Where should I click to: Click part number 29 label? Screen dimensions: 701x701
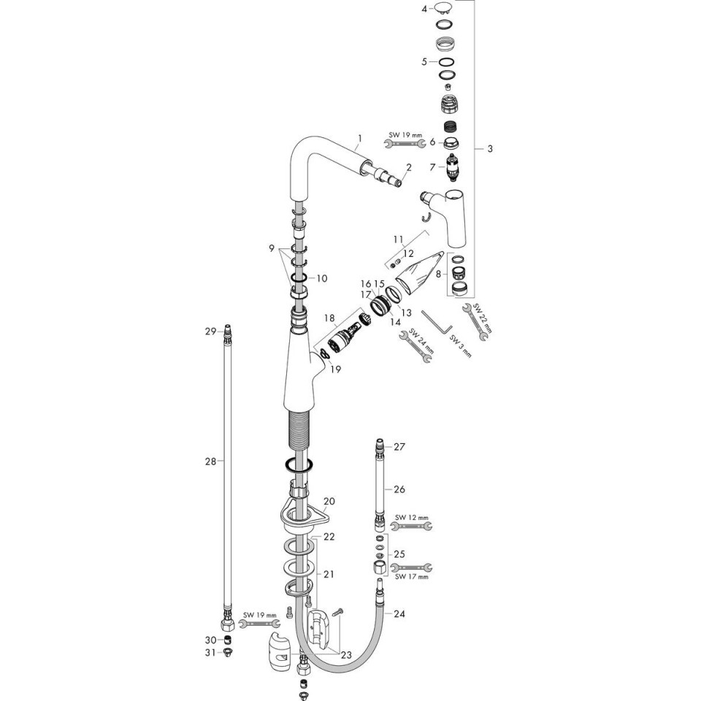click(x=210, y=332)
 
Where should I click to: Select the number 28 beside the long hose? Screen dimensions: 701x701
click(x=210, y=461)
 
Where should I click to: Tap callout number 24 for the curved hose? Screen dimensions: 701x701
click(x=399, y=614)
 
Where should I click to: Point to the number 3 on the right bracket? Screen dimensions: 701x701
click(x=490, y=148)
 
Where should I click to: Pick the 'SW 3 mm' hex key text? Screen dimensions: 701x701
click(x=461, y=345)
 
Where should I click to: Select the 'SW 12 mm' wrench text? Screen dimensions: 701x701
click(x=412, y=517)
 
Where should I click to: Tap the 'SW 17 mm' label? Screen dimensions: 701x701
click(x=412, y=577)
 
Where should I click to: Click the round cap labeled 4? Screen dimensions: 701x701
click(x=444, y=7)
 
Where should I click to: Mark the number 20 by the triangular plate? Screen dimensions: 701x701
click(x=329, y=501)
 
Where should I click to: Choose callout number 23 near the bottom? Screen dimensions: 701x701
click(x=346, y=656)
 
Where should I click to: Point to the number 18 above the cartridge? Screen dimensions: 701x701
click(x=329, y=318)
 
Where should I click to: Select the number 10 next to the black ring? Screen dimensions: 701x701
click(x=322, y=278)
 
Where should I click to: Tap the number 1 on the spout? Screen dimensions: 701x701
click(x=360, y=139)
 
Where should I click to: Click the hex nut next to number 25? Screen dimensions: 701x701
click(x=380, y=567)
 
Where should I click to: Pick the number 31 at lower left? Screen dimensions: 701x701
click(x=210, y=653)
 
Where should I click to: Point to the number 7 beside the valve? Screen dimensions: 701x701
click(x=432, y=167)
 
